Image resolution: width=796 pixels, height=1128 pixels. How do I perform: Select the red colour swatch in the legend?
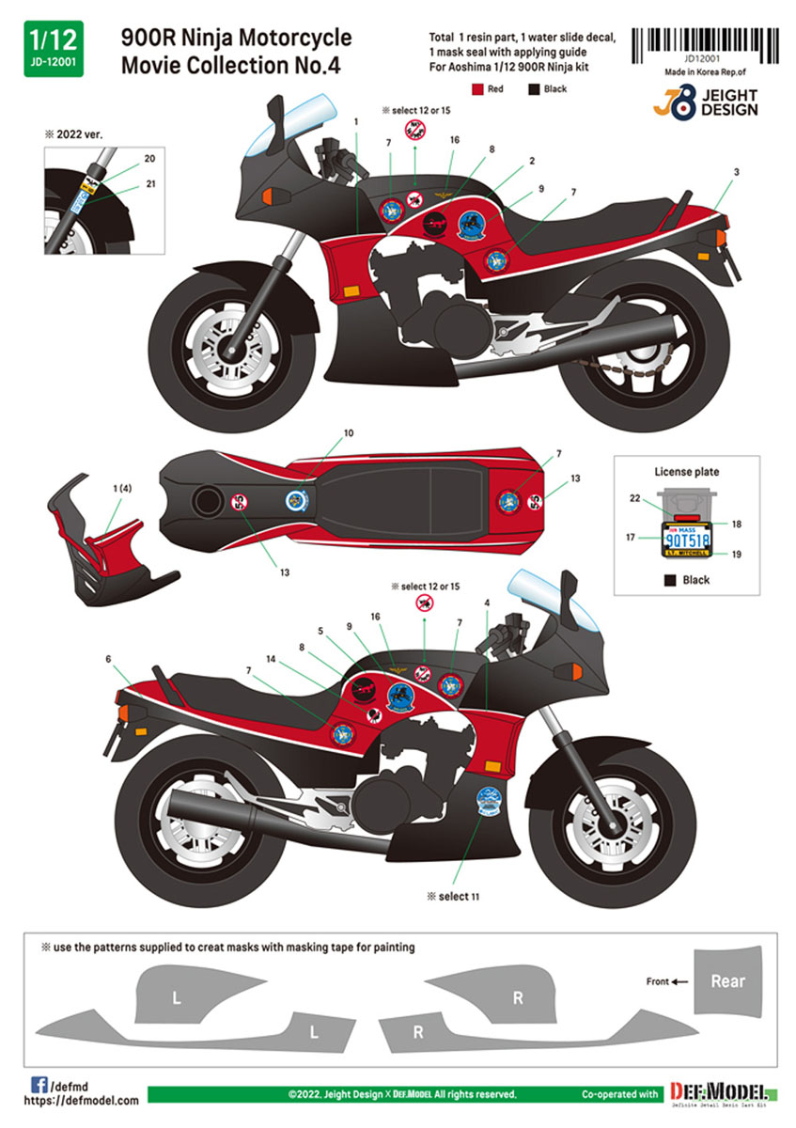coord(477,89)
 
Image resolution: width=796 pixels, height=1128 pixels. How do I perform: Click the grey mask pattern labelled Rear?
coord(727,980)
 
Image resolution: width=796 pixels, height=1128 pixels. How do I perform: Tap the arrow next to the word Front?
coord(680,982)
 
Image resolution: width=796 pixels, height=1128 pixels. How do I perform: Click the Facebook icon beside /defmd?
coord(40,1083)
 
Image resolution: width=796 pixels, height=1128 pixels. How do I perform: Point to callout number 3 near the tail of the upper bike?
coord(736,171)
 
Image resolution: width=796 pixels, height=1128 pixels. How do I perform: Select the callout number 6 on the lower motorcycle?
coord(109,660)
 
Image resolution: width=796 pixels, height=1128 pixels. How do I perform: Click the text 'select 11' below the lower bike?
coord(454,896)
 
